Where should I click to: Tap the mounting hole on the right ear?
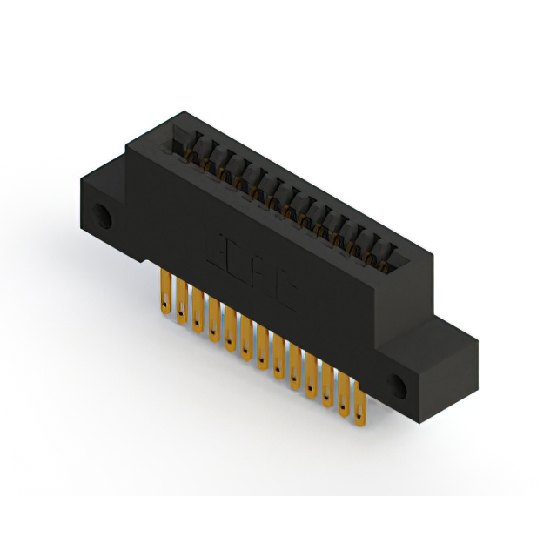pyautogui.click(x=399, y=385)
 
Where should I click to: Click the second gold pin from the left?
pyautogui.click(x=181, y=301)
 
